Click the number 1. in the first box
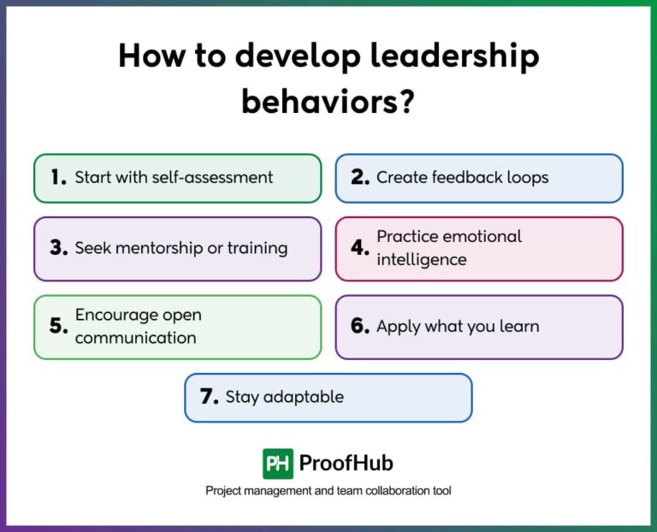(x=58, y=178)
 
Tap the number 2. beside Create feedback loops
(x=360, y=178)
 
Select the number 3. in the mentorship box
(x=58, y=248)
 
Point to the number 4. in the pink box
(x=360, y=248)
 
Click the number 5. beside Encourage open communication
(x=58, y=327)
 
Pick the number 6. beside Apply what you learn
(x=360, y=327)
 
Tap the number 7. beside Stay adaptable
(x=210, y=397)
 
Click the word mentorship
(x=160, y=248)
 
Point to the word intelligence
(x=422, y=259)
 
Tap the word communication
(x=135, y=338)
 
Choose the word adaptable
(x=303, y=397)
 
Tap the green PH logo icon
(x=277, y=464)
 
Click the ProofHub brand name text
(x=346, y=464)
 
